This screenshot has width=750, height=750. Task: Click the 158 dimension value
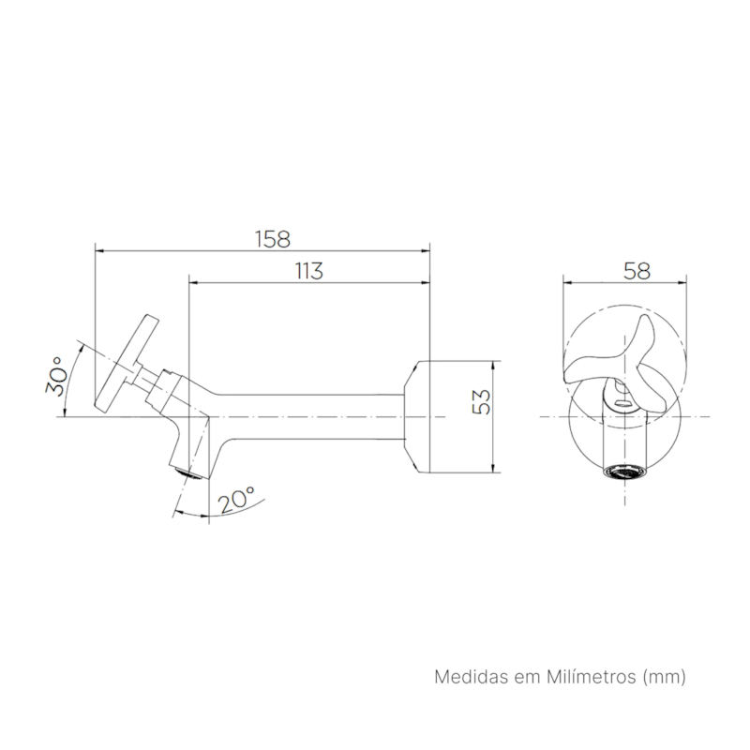coord(273,239)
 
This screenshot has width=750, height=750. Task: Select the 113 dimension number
coord(309,271)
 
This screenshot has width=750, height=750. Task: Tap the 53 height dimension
coord(481,402)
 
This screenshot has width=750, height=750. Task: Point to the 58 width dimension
coord(637,272)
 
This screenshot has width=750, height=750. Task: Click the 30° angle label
coord(56,376)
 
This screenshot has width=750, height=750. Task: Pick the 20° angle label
coord(236,500)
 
